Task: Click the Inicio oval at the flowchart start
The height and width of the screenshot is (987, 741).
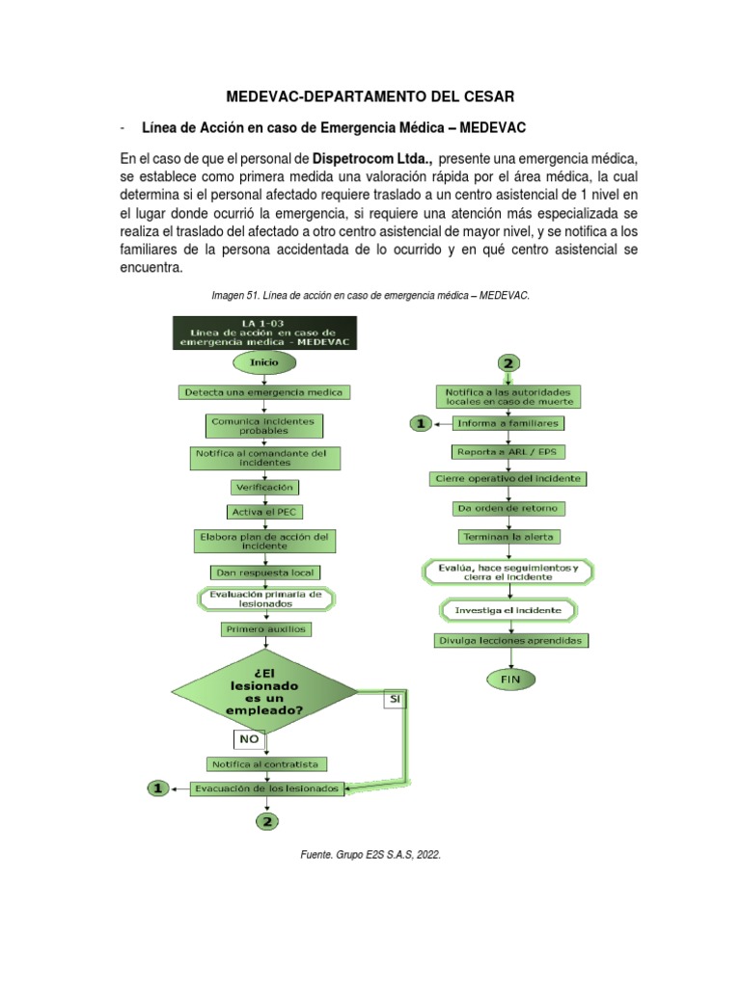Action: point(264,362)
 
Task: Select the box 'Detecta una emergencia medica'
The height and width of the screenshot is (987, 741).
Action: point(264,392)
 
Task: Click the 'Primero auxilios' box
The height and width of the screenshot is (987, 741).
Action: point(264,628)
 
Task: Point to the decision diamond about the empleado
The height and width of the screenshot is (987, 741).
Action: point(264,690)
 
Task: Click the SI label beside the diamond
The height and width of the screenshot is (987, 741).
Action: point(396,697)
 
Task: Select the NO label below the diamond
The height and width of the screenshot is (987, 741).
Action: point(248,739)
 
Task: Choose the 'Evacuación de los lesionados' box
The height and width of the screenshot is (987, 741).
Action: point(266,788)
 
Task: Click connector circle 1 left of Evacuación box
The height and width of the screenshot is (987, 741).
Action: point(157,788)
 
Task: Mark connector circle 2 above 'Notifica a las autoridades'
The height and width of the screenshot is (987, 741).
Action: point(508,363)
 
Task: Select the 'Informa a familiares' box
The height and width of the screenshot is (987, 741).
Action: point(508,423)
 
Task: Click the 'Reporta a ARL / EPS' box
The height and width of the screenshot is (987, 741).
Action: point(508,451)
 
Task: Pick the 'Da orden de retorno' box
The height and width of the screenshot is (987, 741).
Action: point(508,508)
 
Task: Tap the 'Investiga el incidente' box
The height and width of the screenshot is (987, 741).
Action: point(508,610)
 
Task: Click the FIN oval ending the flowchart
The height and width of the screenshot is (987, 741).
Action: point(508,679)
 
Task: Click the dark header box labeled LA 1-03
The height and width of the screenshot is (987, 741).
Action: point(264,332)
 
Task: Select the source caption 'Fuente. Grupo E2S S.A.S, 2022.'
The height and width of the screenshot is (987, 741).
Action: point(370,853)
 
